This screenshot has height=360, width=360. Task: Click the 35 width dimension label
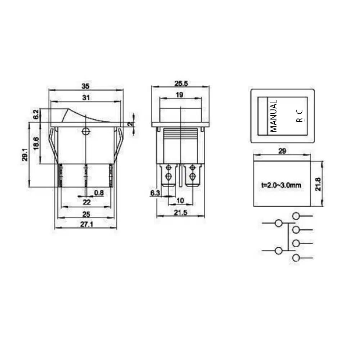click(x=85, y=86)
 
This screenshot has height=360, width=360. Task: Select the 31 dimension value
click(x=86, y=98)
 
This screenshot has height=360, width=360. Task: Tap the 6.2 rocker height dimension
click(x=36, y=114)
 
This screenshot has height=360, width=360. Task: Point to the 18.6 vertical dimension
click(x=36, y=143)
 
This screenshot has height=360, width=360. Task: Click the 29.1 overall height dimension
click(x=25, y=154)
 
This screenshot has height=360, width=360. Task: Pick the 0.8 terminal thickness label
click(x=99, y=193)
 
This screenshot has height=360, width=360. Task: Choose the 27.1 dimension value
click(x=86, y=224)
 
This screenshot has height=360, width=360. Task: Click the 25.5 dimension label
click(x=181, y=84)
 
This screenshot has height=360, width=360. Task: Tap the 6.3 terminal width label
click(x=155, y=193)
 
